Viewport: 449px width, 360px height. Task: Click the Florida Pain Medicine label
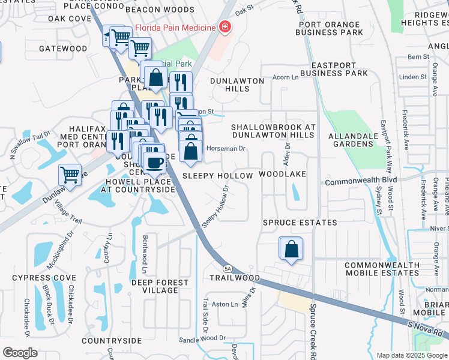tap(175, 28)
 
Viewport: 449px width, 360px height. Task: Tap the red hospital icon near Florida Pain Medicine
tap(224, 27)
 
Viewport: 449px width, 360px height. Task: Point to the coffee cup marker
tap(154, 162)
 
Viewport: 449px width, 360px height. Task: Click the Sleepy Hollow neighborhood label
tap(217, 175)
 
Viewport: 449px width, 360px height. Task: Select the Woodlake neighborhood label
tap(282, 174)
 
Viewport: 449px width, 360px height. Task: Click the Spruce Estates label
tap(300, 223)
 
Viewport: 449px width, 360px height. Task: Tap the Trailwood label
tap(235, 278)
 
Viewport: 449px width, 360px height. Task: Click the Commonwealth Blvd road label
tap(361, 181)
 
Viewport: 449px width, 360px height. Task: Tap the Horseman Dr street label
tap(226, 148)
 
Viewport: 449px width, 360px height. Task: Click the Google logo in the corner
tap(20, 353)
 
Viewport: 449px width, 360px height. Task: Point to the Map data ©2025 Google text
tap(411, 355)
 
